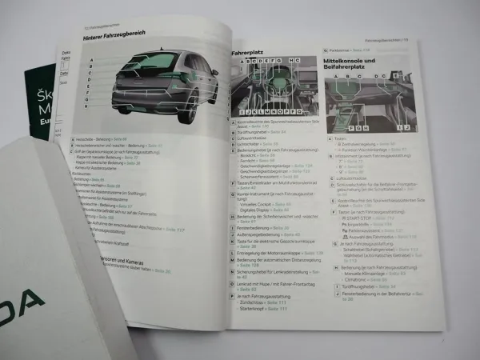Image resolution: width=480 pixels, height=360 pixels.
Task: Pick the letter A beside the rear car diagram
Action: pos(93,61)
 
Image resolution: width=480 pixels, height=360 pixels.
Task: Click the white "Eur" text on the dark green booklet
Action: pos(45,123)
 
